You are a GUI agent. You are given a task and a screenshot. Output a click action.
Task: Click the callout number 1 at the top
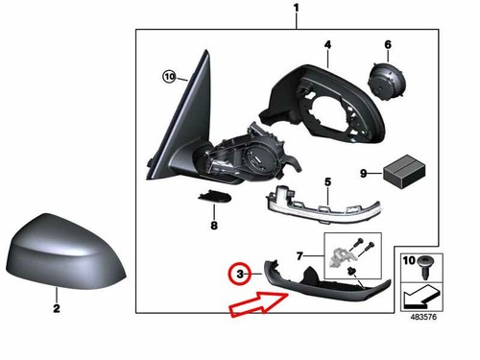tap(296, 8)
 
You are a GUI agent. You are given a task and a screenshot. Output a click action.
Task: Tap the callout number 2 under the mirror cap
tap(57, 308)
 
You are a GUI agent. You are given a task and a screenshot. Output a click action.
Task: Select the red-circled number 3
tap(240, 275)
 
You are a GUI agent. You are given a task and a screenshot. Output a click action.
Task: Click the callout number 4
tap(327, 45)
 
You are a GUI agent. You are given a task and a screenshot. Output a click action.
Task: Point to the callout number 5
tap(327, 182)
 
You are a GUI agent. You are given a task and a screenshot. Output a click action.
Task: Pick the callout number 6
tap(388, 44)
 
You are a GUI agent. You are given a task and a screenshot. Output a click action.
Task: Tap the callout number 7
tap(300, 256)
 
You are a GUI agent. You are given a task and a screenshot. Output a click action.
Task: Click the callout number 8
tap(214, 226)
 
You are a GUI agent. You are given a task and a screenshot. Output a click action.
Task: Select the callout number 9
tap(363, 174)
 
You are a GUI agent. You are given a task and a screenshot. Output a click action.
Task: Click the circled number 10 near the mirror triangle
tap(169, 77)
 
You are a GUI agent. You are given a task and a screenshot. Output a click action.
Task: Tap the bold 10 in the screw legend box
tap(409, 260)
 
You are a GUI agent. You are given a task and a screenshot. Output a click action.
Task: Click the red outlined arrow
tap(257, 304)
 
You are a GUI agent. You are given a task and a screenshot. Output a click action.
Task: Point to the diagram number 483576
tap(423, 317)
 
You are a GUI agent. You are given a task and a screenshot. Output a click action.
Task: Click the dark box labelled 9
tap(404, 172)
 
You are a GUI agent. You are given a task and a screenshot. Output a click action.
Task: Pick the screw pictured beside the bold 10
tap(425, 268)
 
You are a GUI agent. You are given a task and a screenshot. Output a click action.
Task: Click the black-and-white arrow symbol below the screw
tap(421, 298)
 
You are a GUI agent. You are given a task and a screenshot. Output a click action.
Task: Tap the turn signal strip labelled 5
tap(323, 202)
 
